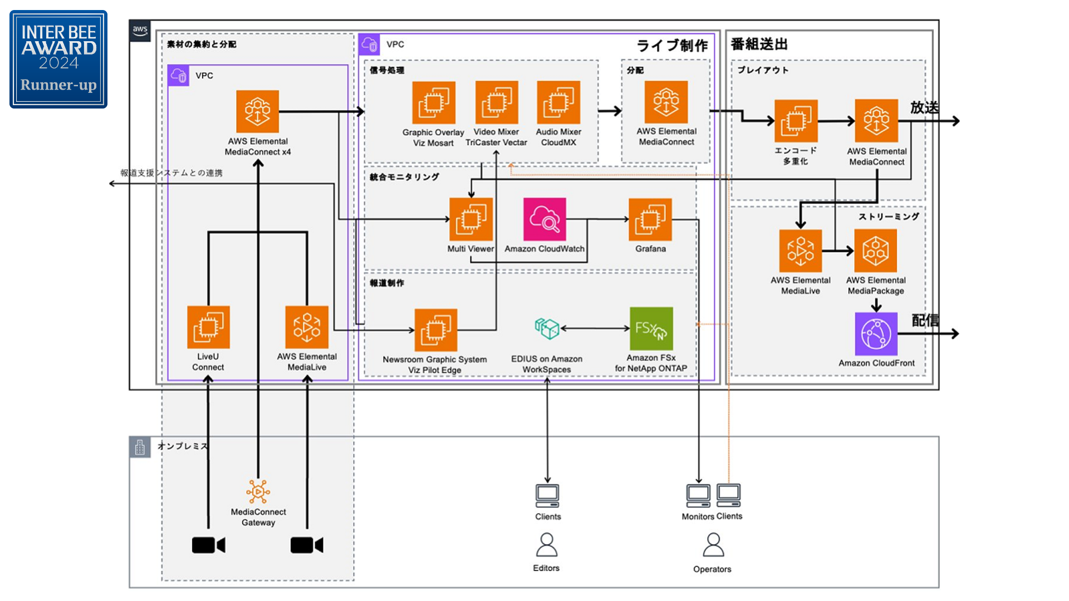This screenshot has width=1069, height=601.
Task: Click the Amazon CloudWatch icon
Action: click(545, 219)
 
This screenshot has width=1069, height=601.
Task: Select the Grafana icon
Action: click(650, 219)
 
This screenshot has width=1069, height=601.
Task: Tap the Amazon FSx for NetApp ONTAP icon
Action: click(651, 328)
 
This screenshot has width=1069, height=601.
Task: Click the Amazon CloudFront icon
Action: click(876, 334)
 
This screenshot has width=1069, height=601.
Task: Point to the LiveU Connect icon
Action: click(208, 327)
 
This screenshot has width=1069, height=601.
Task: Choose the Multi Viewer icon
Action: click(470, 219)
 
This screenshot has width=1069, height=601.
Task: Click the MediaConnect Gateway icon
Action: click(258, 492)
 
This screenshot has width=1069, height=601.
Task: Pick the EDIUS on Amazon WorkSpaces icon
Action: click(547, 328)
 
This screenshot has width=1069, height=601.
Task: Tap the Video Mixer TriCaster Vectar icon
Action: click(496, 102)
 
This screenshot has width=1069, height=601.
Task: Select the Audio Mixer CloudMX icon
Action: click(558, 102)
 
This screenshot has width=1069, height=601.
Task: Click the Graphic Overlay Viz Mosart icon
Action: click(434, 103)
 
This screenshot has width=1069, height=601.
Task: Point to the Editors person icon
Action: click(547, 545)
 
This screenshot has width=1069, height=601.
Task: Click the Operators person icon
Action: click(713, 545)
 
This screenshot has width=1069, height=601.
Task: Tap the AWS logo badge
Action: click(140, 31)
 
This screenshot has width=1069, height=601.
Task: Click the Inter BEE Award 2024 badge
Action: click(58, 59)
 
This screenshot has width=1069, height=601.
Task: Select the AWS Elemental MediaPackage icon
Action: click(876, 251)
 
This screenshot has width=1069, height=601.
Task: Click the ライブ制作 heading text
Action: click(672, 46)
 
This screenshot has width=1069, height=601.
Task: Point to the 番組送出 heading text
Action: click(759, 45)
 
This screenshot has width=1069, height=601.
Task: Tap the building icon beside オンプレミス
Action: click(140, 447)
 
